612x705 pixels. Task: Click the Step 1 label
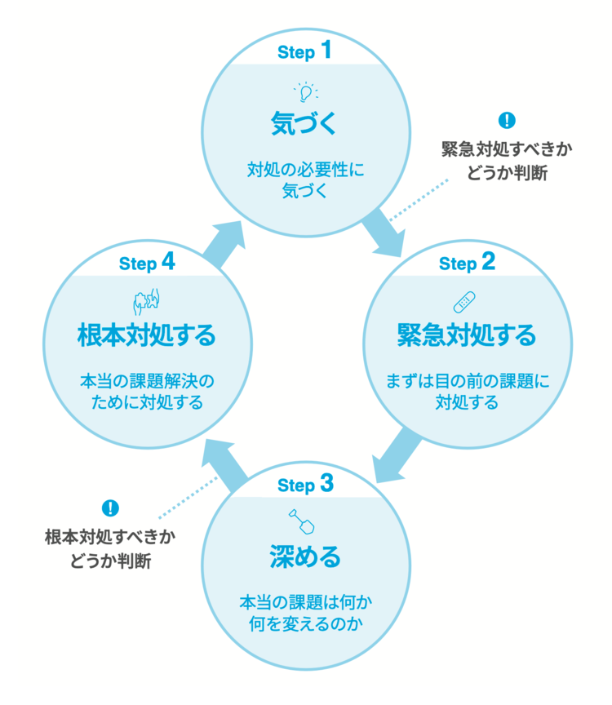(x=304, y=51)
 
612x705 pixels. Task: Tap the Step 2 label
(x=467, y=263)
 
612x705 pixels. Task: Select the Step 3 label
(x=304, y=485)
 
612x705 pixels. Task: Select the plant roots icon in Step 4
(x=144, y=301)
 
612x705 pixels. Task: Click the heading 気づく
(x=304, y=124)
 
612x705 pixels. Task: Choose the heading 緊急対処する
(x=466, y=335)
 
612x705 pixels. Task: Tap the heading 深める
(x=304, y=557)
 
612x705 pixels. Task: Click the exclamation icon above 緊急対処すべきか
(x=507, y=121)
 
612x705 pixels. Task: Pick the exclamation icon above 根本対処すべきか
(x=110, y=508)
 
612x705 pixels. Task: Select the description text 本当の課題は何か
(x=304, y=602)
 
